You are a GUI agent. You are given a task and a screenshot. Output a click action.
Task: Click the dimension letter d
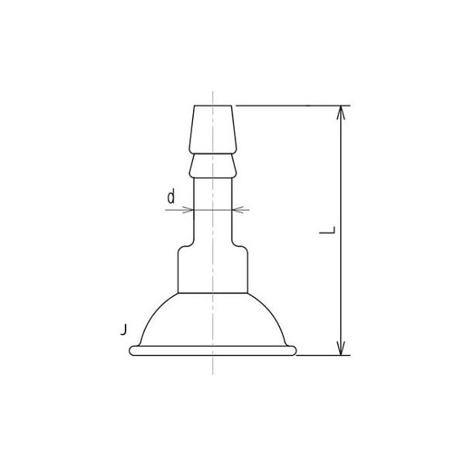[170, 197]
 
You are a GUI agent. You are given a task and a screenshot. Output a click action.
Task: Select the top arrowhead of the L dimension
[341, 113]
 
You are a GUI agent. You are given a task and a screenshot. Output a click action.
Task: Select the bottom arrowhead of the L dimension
[341, 348]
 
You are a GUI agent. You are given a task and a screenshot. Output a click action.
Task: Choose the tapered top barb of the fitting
[212, 128]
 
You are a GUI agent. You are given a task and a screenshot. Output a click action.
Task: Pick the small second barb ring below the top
[212, 165]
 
